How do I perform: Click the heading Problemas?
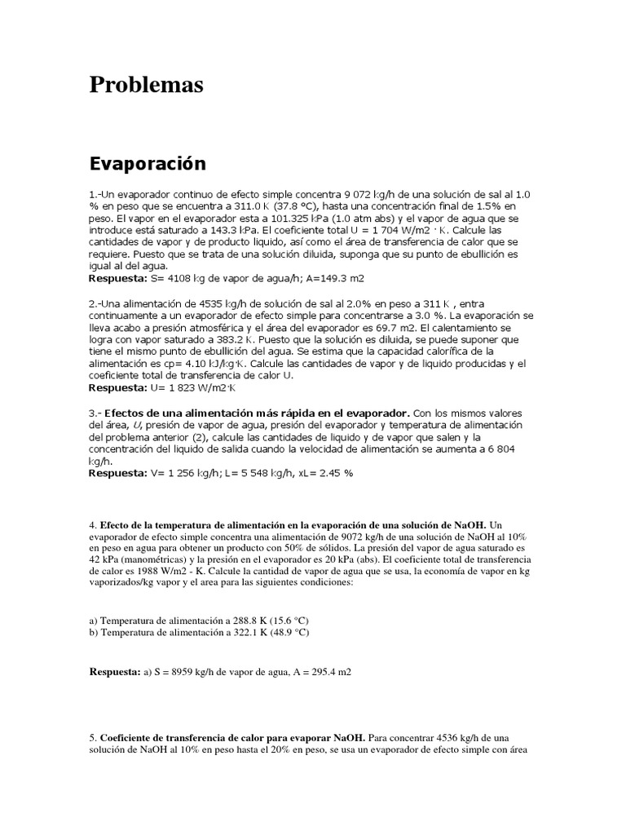pos(146,85)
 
